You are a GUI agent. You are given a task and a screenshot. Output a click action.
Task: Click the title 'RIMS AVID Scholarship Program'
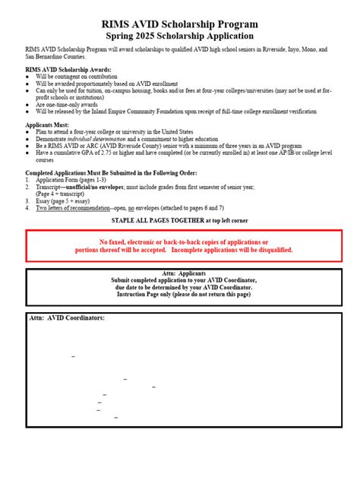(x=180, y=24)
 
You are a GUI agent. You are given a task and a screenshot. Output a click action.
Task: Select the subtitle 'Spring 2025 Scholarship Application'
(x=180, y=36)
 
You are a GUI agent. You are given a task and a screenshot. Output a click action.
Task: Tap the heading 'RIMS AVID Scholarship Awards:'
(x=68, y=69)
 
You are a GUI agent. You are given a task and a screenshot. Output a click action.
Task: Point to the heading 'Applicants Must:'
(x=47, y=124)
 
